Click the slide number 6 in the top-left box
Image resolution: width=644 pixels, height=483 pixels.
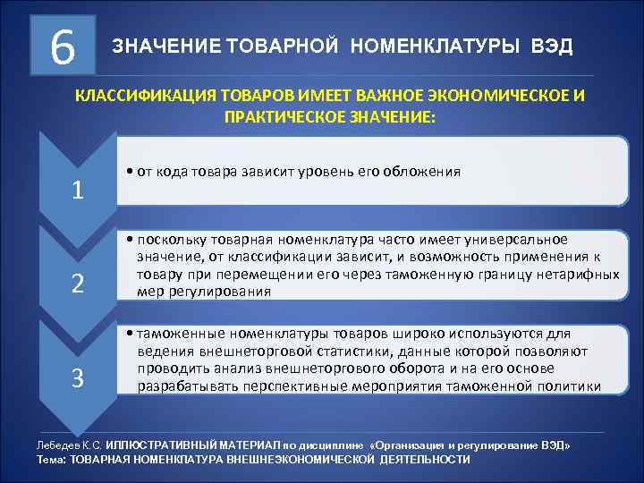pyautogui.click(x=62, y=45)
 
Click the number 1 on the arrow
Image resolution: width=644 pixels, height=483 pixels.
pyautogui.click(x=79, y=190)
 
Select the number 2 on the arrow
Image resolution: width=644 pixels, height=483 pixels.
pyautogui.click(x=79, y=284)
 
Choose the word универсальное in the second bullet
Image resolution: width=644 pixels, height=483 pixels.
pyautogui.click(x=524, y=241)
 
